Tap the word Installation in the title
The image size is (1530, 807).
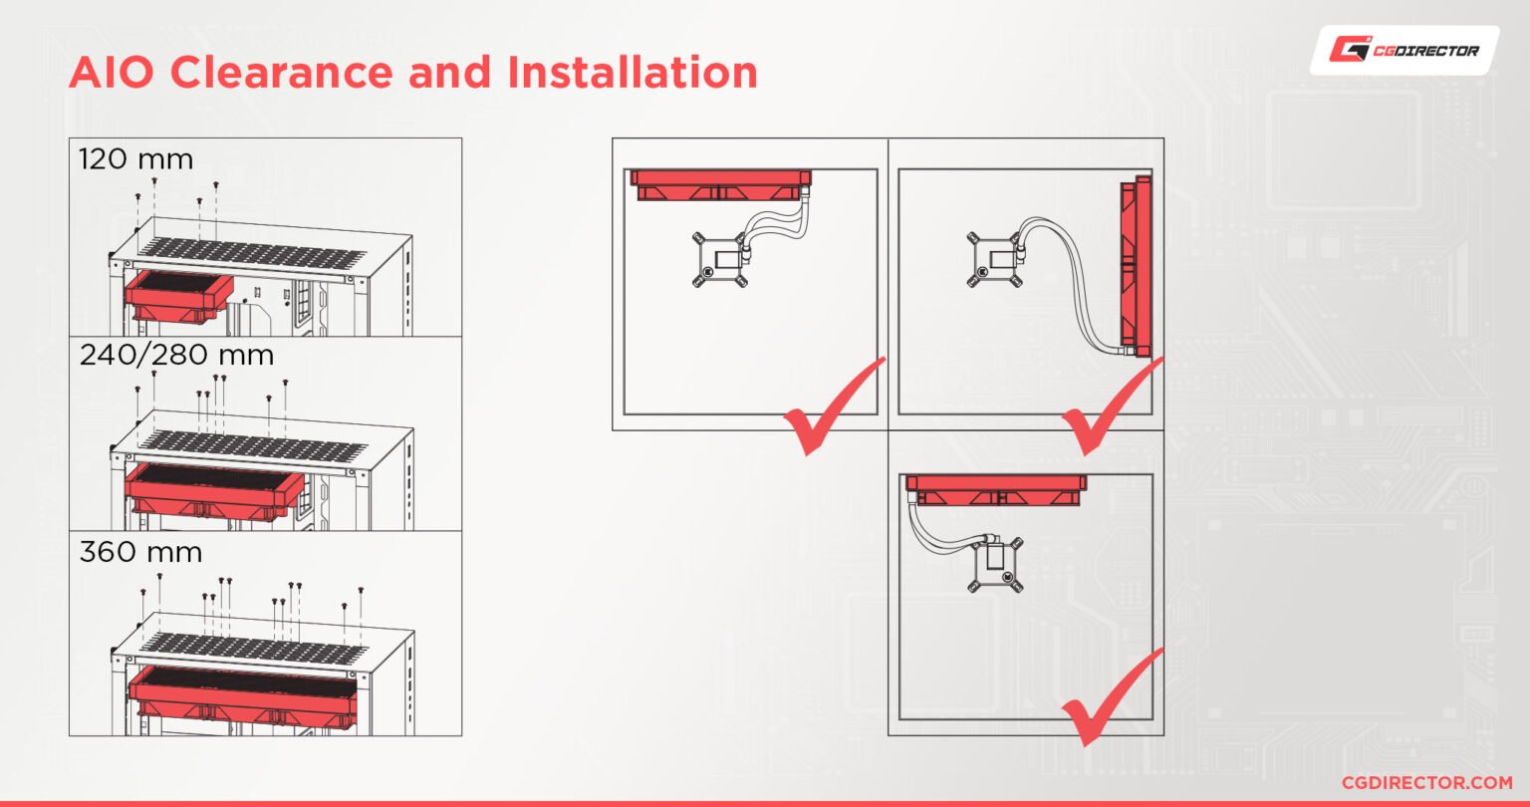point(633,72)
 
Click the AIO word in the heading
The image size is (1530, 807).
point(111,72)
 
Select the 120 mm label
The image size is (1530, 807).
point(135,159)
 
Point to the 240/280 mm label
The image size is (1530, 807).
point(177,355)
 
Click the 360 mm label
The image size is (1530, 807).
point(140,552)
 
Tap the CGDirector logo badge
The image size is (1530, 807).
point(1404,51)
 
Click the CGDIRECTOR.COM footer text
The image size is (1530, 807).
point(1426,783)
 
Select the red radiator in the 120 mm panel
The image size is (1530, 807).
point(179,295)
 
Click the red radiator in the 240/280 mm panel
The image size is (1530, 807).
point(214,491)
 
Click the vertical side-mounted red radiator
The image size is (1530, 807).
point(1136,266)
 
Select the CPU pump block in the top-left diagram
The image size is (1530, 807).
point(721,260)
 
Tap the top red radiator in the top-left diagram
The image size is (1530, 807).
point(720,185)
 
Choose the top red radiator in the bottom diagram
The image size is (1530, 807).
point(996,490)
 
